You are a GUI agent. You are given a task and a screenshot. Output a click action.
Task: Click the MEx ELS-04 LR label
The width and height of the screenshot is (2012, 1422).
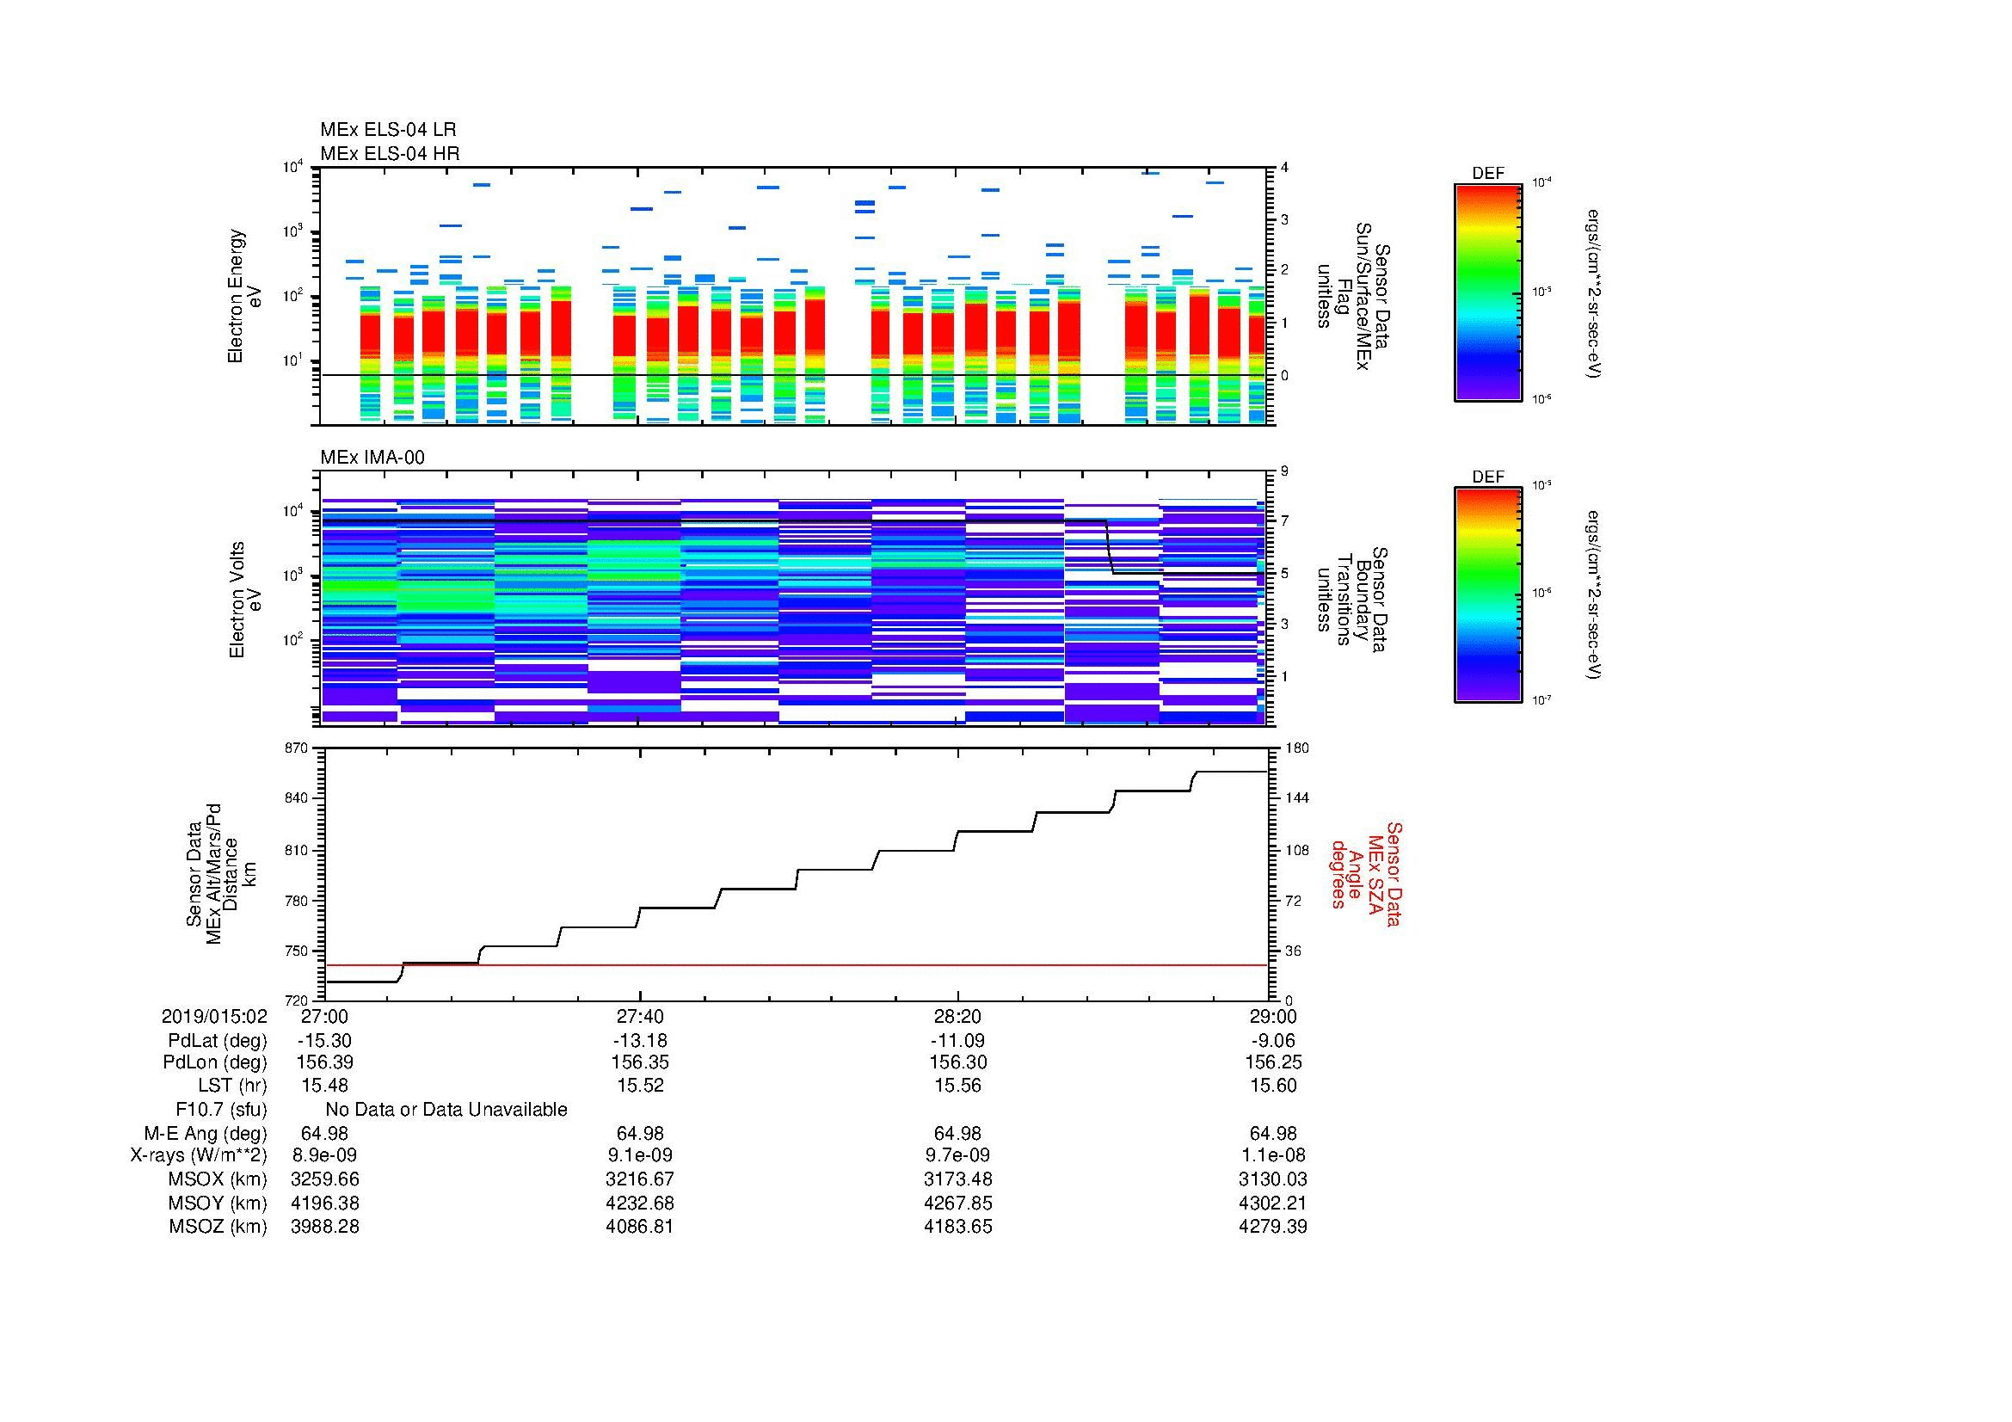click(x=387, y=130)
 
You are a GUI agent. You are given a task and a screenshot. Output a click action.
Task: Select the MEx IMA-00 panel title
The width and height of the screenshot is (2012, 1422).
click(x=372, y=458)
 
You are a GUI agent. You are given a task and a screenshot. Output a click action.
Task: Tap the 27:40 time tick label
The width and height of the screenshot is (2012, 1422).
click(x=640, y=1016)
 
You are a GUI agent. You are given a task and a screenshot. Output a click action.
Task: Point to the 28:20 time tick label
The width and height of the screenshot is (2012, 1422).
click(x=957, y=1016)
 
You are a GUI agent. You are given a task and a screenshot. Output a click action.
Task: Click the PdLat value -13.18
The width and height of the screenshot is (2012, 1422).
click(x=640, y=1041)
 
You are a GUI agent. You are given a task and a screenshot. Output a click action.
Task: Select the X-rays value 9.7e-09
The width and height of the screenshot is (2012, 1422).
click(x=957, y=1155)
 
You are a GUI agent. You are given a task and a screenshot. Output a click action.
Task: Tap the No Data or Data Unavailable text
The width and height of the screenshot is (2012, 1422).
click(x=446, y=1110)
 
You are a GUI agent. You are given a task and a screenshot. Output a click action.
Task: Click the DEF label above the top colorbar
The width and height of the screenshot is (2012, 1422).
click(x=1487, y=174)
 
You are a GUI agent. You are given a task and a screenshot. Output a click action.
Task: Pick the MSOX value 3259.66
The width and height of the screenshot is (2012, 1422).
click(x=325, y=1179)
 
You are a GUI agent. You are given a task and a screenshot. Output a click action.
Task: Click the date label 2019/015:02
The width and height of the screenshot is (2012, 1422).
click(x=214, y=1016)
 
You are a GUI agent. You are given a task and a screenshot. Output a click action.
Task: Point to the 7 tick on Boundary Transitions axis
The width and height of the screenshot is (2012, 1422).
click(x=1284, y=521)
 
